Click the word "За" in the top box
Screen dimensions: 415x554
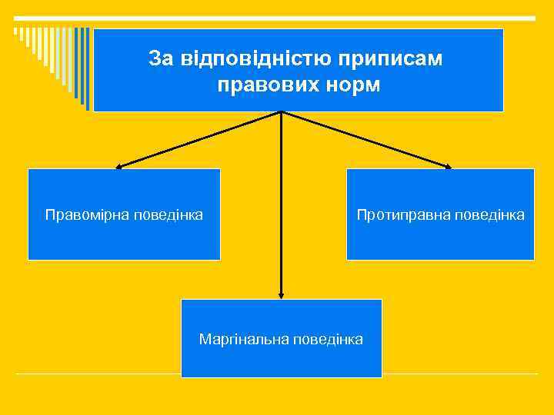click(160, 58)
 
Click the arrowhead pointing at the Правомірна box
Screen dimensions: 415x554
click(118, 166)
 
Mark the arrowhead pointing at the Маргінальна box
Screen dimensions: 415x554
click(282, 294)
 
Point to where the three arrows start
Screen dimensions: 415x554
click(282, 112)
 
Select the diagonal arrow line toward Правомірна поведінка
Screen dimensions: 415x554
click(200, 139)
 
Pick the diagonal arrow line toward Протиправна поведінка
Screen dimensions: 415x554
click(365, 139)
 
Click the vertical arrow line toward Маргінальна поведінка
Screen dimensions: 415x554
click(282, 204)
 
